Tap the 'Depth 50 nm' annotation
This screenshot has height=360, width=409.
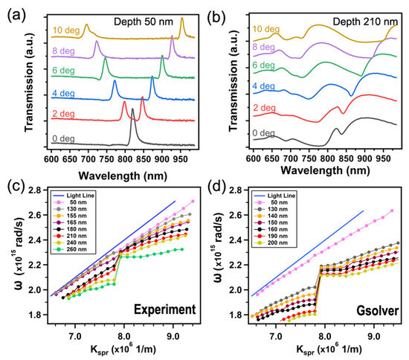[x=144, y=22]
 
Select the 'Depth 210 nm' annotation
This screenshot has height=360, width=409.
[x=365, y=22]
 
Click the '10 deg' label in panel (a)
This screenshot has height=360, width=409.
[x=66, y=30]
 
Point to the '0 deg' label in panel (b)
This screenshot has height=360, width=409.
[x=263, y=133]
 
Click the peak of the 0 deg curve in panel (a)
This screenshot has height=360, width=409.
[x=132, y=109]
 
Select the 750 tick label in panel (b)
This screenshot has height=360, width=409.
[x=309, y=158]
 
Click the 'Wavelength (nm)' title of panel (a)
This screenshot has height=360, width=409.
[x=123, y=176]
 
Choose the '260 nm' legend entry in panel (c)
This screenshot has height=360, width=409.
[x=76, y=249]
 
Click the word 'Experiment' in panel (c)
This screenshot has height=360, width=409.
[x=165, y=309]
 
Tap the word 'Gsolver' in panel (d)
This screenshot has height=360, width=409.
[x=378, y=311]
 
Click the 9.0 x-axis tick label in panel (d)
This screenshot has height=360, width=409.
[x=374, y=336]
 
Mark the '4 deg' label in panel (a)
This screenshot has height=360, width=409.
[x=63, y=93]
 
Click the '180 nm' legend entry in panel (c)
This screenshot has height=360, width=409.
[x=76, y=229]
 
